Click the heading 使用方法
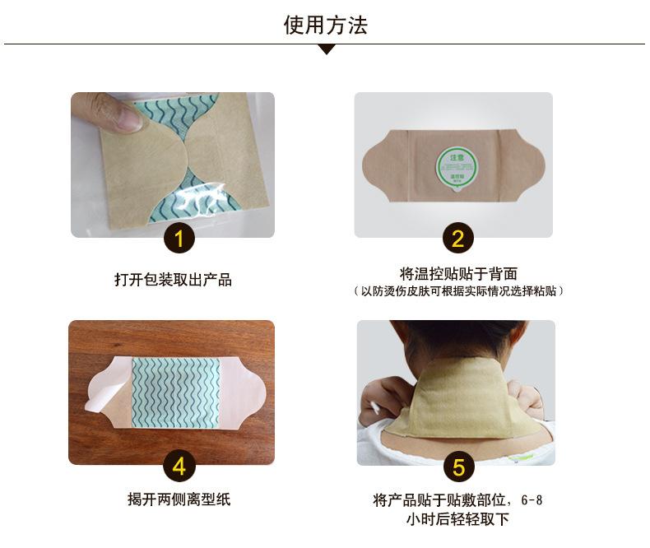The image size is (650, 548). [325, 25]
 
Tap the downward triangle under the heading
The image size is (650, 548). [327, 49]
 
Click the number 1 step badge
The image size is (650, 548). [180, 239]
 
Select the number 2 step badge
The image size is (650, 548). [458, 239]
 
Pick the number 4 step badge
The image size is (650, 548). [180, 467]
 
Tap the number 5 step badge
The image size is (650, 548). [458, 467]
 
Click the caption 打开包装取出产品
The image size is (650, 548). [173, 280]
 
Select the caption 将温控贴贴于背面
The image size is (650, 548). [458, 274]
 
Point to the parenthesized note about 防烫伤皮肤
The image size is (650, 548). [458, 291]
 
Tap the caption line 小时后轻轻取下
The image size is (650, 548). [458, 519]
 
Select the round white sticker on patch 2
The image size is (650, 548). [450, 165]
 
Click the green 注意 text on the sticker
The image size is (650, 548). [450, 154]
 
